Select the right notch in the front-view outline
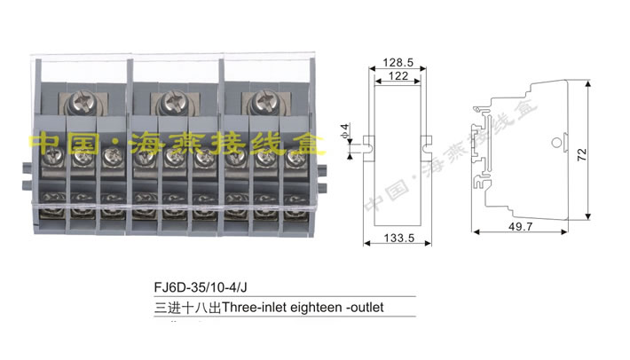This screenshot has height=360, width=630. [426, 140]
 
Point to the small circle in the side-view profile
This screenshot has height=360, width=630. [555, 140]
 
